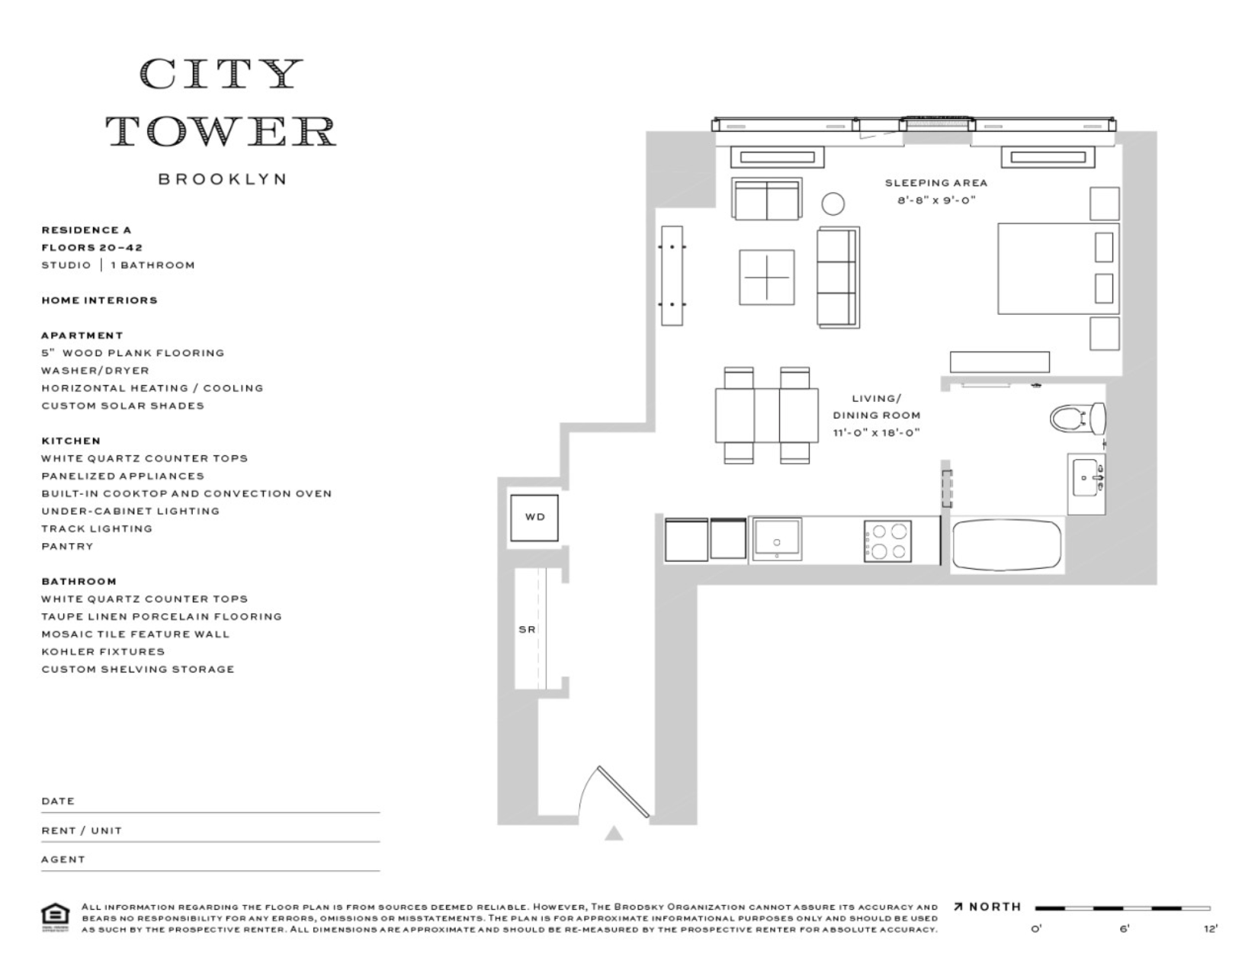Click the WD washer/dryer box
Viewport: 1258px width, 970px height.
(534, 518)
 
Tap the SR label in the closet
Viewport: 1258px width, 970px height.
(527, 630)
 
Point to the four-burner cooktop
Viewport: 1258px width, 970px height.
(887, 541)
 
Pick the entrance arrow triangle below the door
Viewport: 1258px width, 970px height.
(614, 833)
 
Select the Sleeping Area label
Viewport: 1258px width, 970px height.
(935, 183)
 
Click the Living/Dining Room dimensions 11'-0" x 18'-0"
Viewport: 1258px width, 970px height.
(877, 433)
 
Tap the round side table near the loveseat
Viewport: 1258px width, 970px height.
(833, 204)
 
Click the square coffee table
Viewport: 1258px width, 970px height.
(766, 276)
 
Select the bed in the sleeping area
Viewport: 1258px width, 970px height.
(1056, 268)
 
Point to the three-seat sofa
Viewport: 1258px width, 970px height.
(838, 277)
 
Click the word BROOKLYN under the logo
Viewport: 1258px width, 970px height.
(222, 179)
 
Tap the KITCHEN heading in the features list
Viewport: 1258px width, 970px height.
(71, 441)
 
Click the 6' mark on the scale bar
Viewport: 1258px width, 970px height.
(1124, 928)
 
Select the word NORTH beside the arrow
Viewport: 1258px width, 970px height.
(995, 907)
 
